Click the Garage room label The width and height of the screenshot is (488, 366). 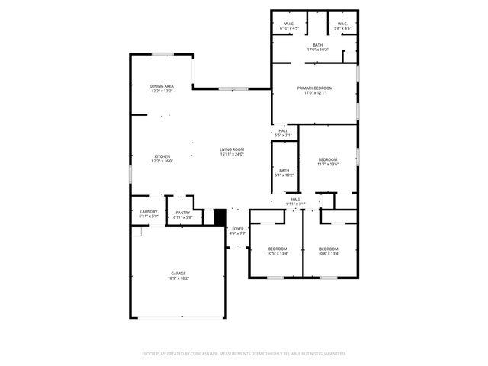(x=178, y=273)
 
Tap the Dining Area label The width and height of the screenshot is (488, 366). (x=162, y=86)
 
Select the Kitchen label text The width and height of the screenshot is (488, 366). (x=162, y=156)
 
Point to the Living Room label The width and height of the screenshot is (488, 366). (x=232, y=149)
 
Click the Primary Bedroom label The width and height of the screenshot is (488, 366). (x=315, y=88)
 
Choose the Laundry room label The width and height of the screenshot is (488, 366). (x=149, y=212)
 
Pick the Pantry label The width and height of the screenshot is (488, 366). (x=183, y=213)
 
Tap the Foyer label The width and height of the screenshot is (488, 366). (x=238, y=228)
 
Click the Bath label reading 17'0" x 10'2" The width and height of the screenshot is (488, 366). (x=316, y=45)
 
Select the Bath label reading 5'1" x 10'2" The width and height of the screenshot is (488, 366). (x=284, y=170)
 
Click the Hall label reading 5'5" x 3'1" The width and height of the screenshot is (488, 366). (x=283, y=130)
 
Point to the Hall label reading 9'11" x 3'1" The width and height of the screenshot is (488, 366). (x=295, y=199)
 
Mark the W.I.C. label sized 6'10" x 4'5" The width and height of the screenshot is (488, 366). (x=289, y=24)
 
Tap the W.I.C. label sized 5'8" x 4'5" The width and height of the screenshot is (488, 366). (x=342, y=24)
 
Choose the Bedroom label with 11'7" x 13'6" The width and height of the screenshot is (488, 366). (x=327, y=159)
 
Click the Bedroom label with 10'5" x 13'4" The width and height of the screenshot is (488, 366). (x=278, y=249)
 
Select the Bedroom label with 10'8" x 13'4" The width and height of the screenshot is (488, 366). (x=329, y=249)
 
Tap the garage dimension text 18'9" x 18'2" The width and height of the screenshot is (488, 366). (x=178, y=278)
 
